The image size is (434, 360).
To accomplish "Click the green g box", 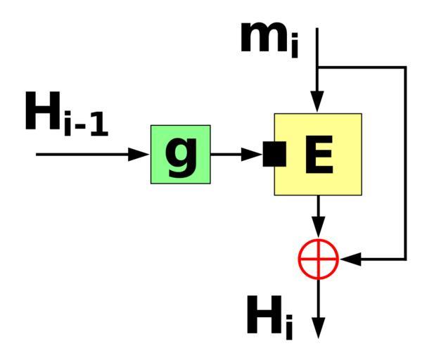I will pos(181,154).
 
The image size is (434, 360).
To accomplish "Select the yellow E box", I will pos(318,154).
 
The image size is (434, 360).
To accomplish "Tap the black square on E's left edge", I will pos(274,154).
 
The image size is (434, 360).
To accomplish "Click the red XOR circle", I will pos(318,259).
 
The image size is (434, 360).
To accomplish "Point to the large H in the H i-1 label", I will pos(43,112).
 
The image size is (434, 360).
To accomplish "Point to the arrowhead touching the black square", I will pos(253,154).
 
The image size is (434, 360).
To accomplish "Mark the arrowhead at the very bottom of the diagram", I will pos(318,328).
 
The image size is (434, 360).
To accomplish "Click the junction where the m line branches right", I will pos(318,67).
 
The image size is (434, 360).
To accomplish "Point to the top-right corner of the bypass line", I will pos(405,67).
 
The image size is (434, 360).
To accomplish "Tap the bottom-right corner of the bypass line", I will pos(405,259).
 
